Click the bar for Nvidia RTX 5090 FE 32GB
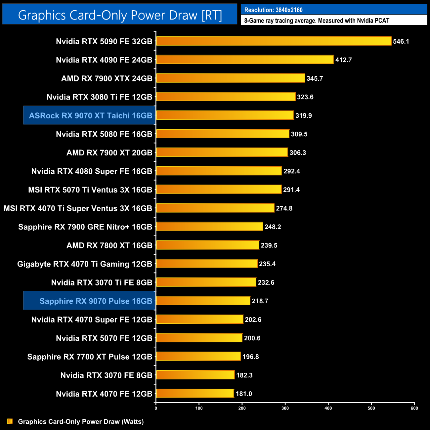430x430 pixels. coord(274,41)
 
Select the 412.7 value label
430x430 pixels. coord(343,60)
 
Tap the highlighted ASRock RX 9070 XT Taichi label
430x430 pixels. coord(90,115)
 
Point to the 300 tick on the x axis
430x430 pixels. coord(285,408)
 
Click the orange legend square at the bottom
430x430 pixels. coord(10,421)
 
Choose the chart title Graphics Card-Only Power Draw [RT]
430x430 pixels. coord(120,15)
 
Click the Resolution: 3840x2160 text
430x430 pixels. coord(273,10)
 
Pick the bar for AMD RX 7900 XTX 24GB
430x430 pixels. coord(230,78)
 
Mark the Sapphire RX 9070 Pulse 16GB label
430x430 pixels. coord(96,301)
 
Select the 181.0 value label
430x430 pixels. coord(244,394)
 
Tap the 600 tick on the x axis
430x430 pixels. coord(414,408)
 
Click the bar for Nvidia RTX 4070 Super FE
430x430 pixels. coord(199,319)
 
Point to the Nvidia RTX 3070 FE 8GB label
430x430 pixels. coord(106,375)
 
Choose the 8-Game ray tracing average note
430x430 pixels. coord(317,21)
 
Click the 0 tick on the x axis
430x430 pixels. coord(156,408)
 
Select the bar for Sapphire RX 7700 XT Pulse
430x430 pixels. coord(198,356)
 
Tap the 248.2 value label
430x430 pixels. coord(273,227)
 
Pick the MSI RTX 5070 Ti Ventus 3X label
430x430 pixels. coord(90,190)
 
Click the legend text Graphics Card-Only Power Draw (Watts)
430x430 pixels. coord(81,421)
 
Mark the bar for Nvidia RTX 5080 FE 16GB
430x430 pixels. coord(223,134)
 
